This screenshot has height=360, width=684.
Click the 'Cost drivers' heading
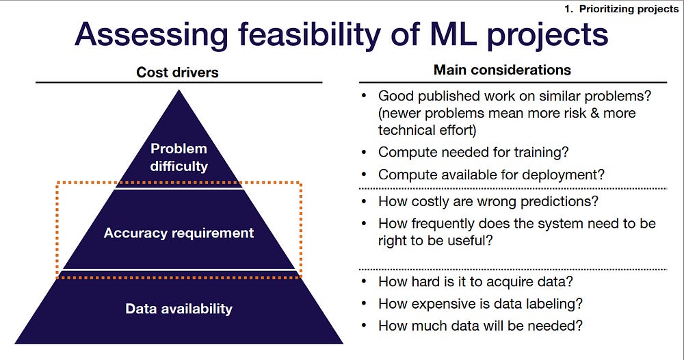pos(177,72)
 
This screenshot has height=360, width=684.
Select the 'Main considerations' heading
pos(502,70)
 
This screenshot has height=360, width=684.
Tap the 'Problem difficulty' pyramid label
pos(179,157)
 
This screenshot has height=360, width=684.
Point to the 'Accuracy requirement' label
pos(179,233)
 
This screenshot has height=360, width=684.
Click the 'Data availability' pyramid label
pos(179,309)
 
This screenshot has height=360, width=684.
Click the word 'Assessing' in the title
pos(151,35)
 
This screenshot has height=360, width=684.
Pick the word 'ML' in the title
pos(453,34)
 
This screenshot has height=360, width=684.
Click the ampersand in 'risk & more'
pos(594,113)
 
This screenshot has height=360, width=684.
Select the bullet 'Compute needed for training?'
pos(473,153)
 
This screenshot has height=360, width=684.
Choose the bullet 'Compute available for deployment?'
pos(491,175)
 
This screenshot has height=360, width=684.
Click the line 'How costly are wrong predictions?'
pos(488,201)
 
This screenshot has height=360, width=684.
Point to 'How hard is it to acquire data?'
pos(475,281)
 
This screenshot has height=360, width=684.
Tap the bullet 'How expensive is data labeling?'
pos(480,304)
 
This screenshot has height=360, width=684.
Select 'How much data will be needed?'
pos(480,326)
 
